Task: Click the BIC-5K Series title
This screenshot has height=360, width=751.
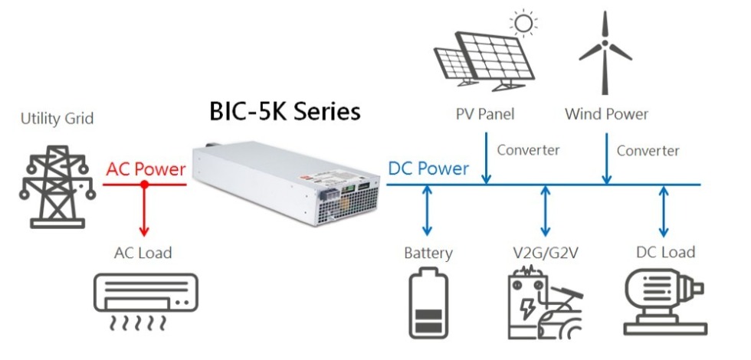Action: tap(284, 112)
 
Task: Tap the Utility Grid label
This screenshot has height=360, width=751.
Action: tap(57, 118)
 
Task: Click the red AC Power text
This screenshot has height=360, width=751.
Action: tap(146, 169)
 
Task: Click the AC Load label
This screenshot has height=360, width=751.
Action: tap(143, 252)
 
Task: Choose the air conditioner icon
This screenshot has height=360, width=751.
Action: tap(143, 302)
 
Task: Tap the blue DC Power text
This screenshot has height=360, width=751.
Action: tap(428, 169)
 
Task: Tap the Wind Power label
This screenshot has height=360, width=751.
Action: tap(606, 115)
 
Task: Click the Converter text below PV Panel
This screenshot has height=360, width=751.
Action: tap(528, 150)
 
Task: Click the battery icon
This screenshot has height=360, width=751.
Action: tap(428, 304)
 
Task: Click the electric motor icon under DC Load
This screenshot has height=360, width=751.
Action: tap(664, 304)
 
